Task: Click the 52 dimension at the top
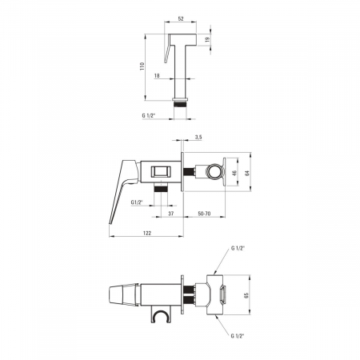181,18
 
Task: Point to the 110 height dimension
142,66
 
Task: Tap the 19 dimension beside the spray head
208,39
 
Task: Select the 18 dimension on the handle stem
157,76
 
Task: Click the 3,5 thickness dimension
198,138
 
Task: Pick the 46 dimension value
234,173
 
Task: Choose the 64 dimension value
247,173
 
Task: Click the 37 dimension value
171,214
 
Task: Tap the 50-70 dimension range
204,214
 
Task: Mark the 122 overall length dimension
147,233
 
